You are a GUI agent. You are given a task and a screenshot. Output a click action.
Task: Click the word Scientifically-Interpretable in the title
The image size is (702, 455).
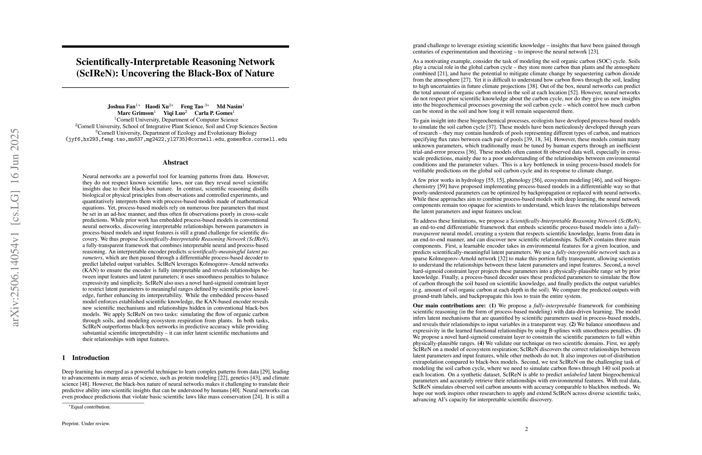tap(132, 62)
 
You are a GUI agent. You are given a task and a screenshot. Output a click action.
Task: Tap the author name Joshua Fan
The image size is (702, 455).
tap(121, 106)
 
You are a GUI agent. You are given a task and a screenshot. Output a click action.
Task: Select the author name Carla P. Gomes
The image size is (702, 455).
tap(213, 113)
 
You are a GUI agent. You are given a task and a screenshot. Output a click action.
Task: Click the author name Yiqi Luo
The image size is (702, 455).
tap(174, 113)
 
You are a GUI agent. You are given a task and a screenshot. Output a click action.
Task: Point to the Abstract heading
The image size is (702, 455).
tap(175, 163)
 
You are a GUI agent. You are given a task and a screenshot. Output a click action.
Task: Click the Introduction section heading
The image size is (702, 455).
tap(90, 358)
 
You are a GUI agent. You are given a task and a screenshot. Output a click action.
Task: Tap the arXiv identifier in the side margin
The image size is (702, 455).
tap(15, 227)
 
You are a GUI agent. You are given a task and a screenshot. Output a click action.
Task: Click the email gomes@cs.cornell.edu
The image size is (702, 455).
tap(257, 139)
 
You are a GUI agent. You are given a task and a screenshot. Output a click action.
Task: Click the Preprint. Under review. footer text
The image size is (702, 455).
tap(86, 423)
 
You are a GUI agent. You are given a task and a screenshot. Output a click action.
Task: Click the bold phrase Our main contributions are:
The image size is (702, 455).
tap(449, 306)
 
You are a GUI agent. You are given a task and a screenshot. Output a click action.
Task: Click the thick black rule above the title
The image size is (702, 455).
tap(175, 46)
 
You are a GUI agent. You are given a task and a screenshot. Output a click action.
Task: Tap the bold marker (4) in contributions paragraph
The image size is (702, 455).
tap(481, 343)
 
